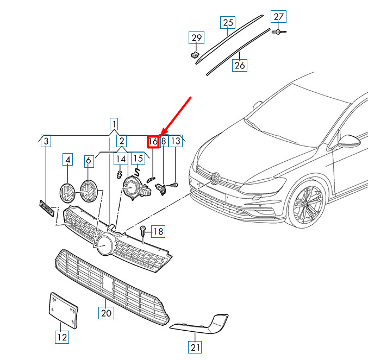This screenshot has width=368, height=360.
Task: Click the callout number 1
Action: (114, 123)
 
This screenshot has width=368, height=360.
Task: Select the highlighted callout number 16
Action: (153, 142)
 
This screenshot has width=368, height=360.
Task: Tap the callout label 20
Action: (105, 313)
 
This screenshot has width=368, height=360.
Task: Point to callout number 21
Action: (195, 346)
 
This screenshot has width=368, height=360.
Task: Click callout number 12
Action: (62, 337)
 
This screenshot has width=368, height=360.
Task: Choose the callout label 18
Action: (158, 232)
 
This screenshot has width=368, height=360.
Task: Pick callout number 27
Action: (279, 17)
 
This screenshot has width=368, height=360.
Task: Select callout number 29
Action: (196, 38)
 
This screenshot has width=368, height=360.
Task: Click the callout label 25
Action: (228, 22)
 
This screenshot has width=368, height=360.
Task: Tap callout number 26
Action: (239, 65)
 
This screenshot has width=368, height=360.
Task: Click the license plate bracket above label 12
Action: (64, 310)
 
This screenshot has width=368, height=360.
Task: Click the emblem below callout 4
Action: (67, 194)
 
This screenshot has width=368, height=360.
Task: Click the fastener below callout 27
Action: (279, 32)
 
